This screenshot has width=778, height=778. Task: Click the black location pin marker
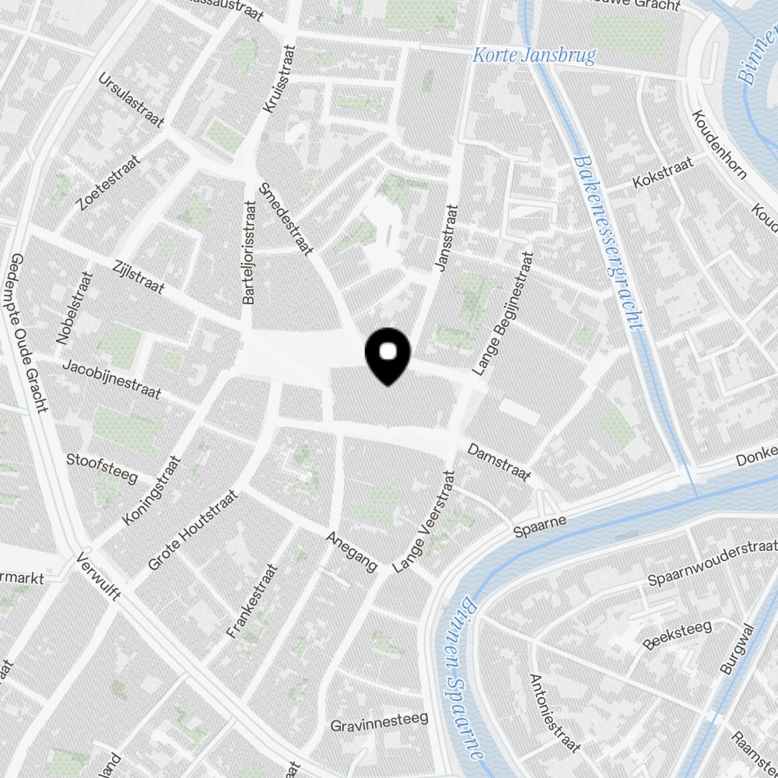tap(387, 356)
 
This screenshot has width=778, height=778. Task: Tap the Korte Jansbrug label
tap(534, 56)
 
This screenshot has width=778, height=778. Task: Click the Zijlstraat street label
tap(138, 276)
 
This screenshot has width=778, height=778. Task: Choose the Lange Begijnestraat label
tap(503, 310)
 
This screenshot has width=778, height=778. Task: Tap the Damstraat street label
tap(499, 462)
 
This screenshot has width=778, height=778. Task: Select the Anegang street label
tap(351, 550)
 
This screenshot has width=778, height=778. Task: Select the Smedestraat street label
tap(286, 219)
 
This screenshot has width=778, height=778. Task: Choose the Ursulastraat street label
tap(131, 101)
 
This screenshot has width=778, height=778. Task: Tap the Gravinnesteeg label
tap(379, 723)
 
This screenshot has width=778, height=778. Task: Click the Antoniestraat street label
tap(554, 713)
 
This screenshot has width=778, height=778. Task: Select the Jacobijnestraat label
tap(112, 379)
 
